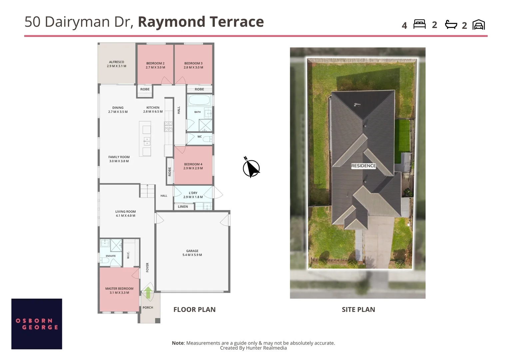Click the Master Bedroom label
click(119, 290)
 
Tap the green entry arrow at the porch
click(148, 292)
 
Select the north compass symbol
click(251, 167)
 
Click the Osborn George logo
click(37, 324)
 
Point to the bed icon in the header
click(419, 24)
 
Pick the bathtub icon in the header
click(451, 25)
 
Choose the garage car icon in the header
click(479, 25)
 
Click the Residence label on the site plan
click(363, 166)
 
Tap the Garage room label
click(192, 253)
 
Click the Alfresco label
click(117, 64)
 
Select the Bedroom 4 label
click(193, 166)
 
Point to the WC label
click(200, 137)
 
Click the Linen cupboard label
click(183, 206)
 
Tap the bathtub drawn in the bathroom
click(199, 100)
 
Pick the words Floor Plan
click(195, 310)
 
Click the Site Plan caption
click(358, 310)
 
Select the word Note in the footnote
click(178, 343)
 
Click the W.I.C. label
click(128, 255)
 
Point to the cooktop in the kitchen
click(168, 126)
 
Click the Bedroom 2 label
click(156, 65)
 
